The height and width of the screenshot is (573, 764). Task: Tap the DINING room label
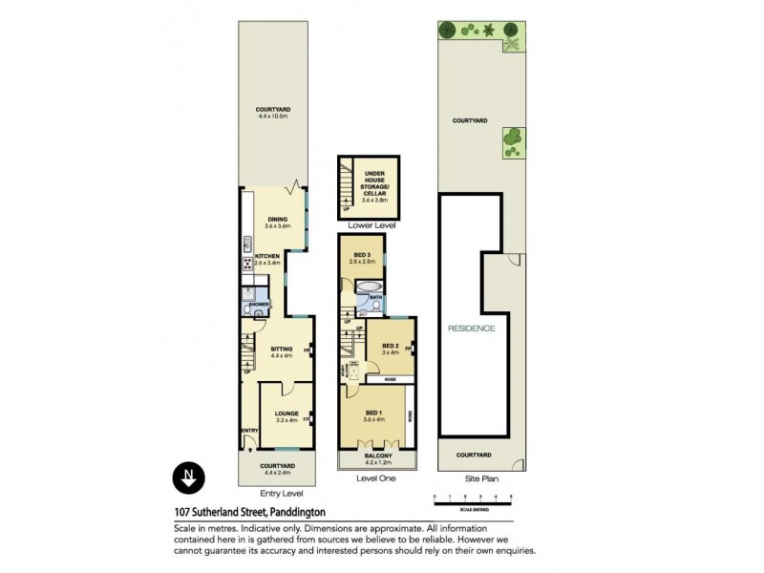pos(277,220)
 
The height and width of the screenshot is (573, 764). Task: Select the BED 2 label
pos(390,348)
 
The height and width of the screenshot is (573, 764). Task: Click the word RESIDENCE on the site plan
pos(472,329)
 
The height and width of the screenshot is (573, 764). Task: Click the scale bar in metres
pos(473,499)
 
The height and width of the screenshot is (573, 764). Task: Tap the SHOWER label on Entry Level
pos(259,304)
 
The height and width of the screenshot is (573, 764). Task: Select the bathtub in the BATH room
pos(369,286)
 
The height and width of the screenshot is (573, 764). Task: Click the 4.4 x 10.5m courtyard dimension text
pos(273,117)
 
